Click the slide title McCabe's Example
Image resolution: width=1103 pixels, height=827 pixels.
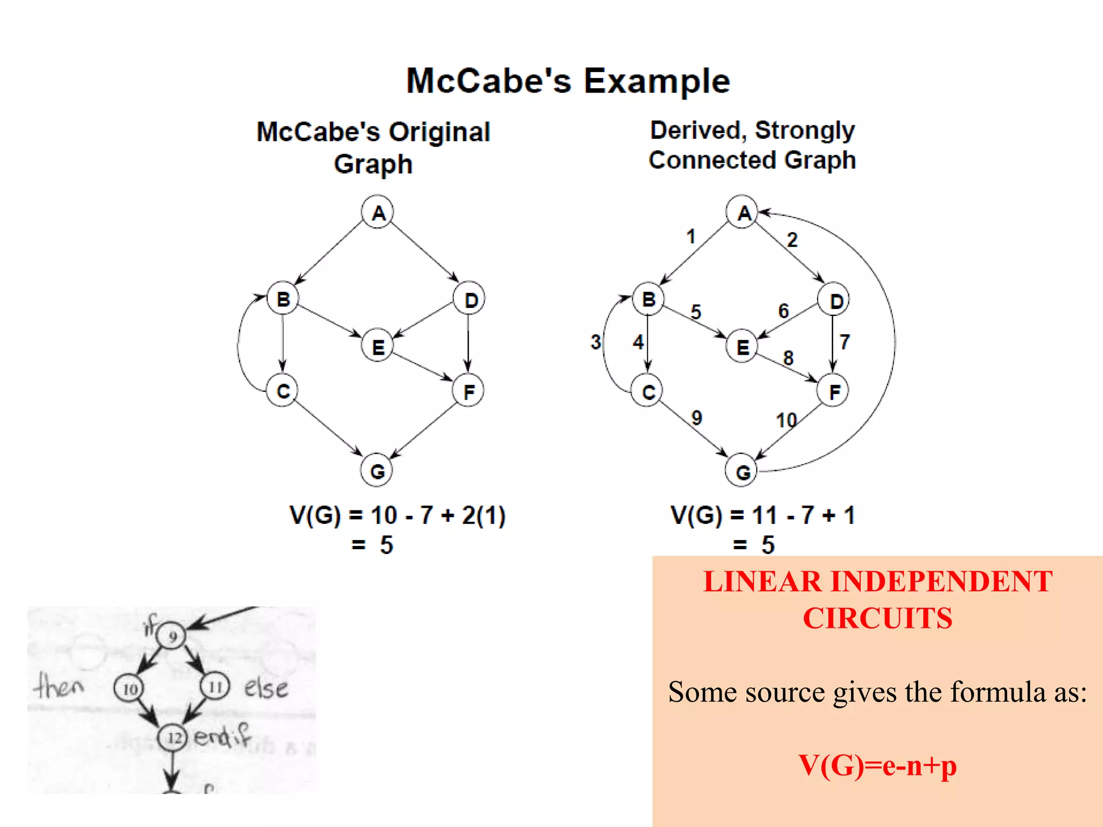568,81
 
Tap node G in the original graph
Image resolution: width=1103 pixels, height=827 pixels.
376,471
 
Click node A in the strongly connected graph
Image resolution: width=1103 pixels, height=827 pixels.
743,212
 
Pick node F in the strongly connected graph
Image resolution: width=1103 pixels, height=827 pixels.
833,391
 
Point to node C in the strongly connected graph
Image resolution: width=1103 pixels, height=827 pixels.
648,391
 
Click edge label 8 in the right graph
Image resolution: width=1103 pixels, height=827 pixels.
788,358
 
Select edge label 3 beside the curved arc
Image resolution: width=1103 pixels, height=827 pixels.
596,342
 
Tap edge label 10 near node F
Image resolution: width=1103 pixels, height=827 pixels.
786,420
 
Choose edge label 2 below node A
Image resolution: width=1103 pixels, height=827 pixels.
792,240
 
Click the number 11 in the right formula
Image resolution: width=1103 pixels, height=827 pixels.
765,515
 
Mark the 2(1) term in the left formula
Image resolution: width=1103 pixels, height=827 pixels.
483,515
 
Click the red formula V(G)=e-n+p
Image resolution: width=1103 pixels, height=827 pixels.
877,765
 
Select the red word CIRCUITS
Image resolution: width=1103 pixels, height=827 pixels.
877,618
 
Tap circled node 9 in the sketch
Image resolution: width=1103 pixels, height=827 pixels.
172,636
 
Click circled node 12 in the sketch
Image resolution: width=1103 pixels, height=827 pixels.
173,737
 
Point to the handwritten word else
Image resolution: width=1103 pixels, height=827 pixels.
266,688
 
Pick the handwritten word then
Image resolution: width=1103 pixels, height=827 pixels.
59,686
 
